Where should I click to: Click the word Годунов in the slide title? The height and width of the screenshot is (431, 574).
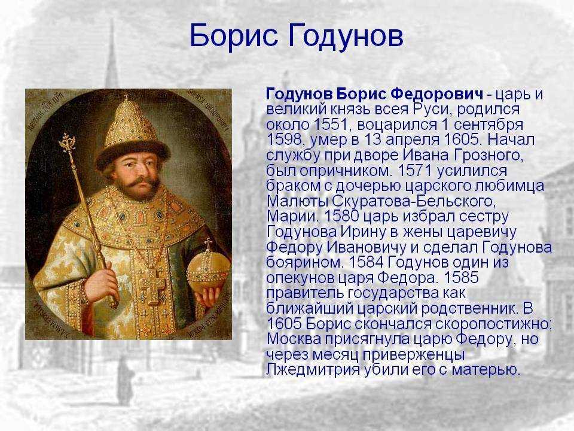pos(346,36)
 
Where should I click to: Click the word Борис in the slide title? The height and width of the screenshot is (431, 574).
pos(233,35)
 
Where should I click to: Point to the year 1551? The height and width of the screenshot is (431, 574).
pos(330,125)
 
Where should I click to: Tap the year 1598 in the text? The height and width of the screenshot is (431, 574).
pos(283,139)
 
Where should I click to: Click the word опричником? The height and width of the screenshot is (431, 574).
pos(346,171)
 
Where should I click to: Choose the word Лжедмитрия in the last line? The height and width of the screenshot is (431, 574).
pos(313,370)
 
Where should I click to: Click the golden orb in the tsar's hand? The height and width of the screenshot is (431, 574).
pos(207,271)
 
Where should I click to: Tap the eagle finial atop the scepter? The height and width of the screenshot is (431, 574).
pos(68,141)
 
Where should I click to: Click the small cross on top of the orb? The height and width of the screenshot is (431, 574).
pos(208,244)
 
